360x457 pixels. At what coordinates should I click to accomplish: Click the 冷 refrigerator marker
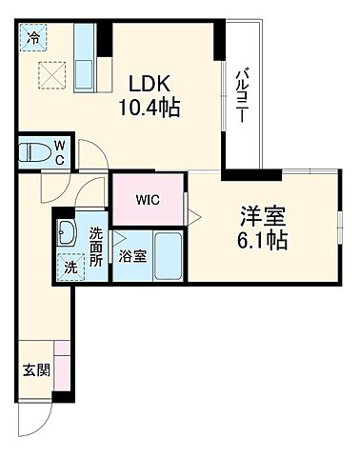tap(34, 39)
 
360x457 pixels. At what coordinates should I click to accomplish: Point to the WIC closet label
tap(148, 200)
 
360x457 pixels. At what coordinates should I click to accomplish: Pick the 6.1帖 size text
tap(264, 240)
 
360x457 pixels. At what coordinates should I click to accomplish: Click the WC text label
tap(58, 151)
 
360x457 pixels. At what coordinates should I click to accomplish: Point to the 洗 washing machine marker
tap(70, 268)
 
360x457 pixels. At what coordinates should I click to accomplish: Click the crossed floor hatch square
tap(49, 74)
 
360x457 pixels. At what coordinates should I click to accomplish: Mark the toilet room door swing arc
tap(92, 153)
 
